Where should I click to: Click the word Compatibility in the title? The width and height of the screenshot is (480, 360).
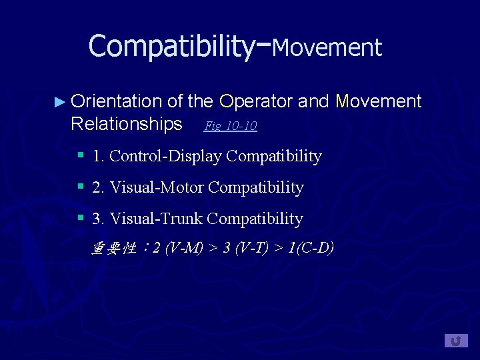(171, 46)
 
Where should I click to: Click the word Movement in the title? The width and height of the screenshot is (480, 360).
(327, 48)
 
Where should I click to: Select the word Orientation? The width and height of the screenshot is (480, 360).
(116, 101)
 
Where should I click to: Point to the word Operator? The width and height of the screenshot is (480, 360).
(255, 101)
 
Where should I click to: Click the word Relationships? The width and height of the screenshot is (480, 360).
(126, 124)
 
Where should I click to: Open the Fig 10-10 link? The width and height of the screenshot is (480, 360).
(230, 125)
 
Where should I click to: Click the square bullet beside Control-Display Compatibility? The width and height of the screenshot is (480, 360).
(80, 155)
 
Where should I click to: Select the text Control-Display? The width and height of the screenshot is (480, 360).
(166, 156)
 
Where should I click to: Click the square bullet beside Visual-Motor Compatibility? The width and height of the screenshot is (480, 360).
(80, 187)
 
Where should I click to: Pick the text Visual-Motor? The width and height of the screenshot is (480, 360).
(157, 187)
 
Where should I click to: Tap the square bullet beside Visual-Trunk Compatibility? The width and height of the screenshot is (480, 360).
(80, 218)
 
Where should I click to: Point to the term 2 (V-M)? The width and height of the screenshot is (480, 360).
(177, 249)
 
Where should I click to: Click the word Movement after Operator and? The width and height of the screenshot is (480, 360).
(379, 101)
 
